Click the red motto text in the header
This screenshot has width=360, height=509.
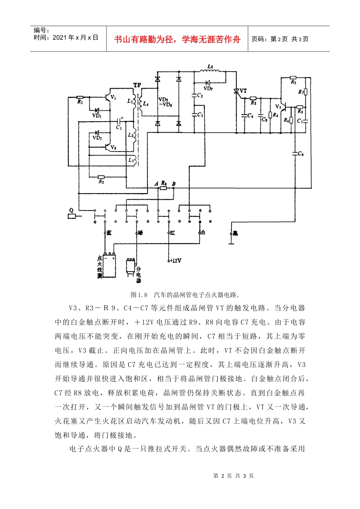click(177, 39)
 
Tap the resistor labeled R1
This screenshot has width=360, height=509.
click(80, 97)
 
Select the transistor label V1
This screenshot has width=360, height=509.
click(113, 98)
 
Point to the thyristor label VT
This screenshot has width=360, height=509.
click(243, 91)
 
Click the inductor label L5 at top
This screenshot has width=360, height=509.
click(210, 67)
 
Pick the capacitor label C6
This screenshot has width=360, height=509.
click(301, 154)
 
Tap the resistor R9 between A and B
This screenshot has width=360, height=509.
click(163, 187)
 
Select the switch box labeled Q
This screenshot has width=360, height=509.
click(72, 216)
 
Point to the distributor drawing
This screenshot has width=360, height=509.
click(131, 267)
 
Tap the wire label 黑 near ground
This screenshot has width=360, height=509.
click(235, 233)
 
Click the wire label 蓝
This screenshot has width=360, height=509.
click(109, 233)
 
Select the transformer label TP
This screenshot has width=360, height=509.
click(137, 86)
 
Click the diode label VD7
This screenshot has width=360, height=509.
click(208, 89)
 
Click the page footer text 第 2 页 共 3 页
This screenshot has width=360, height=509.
click(233, 476)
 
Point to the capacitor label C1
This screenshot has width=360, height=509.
click(119, 128)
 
